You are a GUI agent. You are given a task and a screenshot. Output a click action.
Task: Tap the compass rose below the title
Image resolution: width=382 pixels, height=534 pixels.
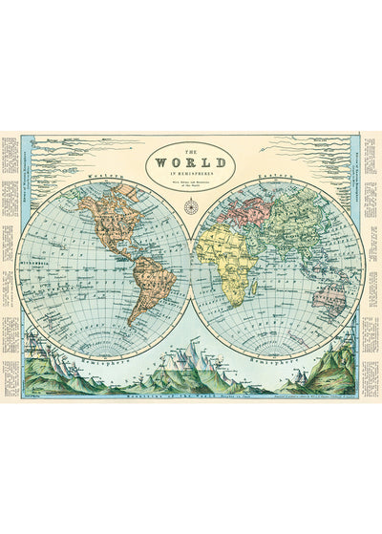tap(191, 203)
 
